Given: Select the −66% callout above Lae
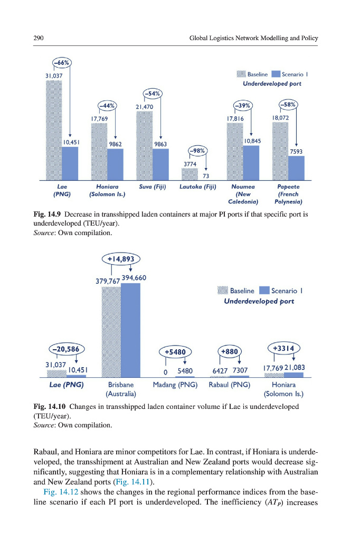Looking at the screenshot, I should pyautogui.click(x=61, y=62).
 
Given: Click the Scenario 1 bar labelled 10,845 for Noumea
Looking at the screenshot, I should pyautogui.click(x=251, y=162).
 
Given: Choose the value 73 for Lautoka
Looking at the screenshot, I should pyautogui.click(x=206, y=176).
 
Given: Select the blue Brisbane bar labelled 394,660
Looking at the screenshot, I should pyautogui.click(x=130, y=330).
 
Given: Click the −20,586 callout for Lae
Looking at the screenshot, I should pyautogui.click(x=67, y=349).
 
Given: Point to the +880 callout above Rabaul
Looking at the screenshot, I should pyautogui.click(x=230, y=351).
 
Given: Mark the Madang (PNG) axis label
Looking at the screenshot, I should pyautogui.click(x=175, y=385).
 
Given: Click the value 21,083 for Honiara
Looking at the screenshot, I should pyautogui.click(x=296, y=367).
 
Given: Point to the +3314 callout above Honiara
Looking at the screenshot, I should pyautogui.click(x=286, y=348).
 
